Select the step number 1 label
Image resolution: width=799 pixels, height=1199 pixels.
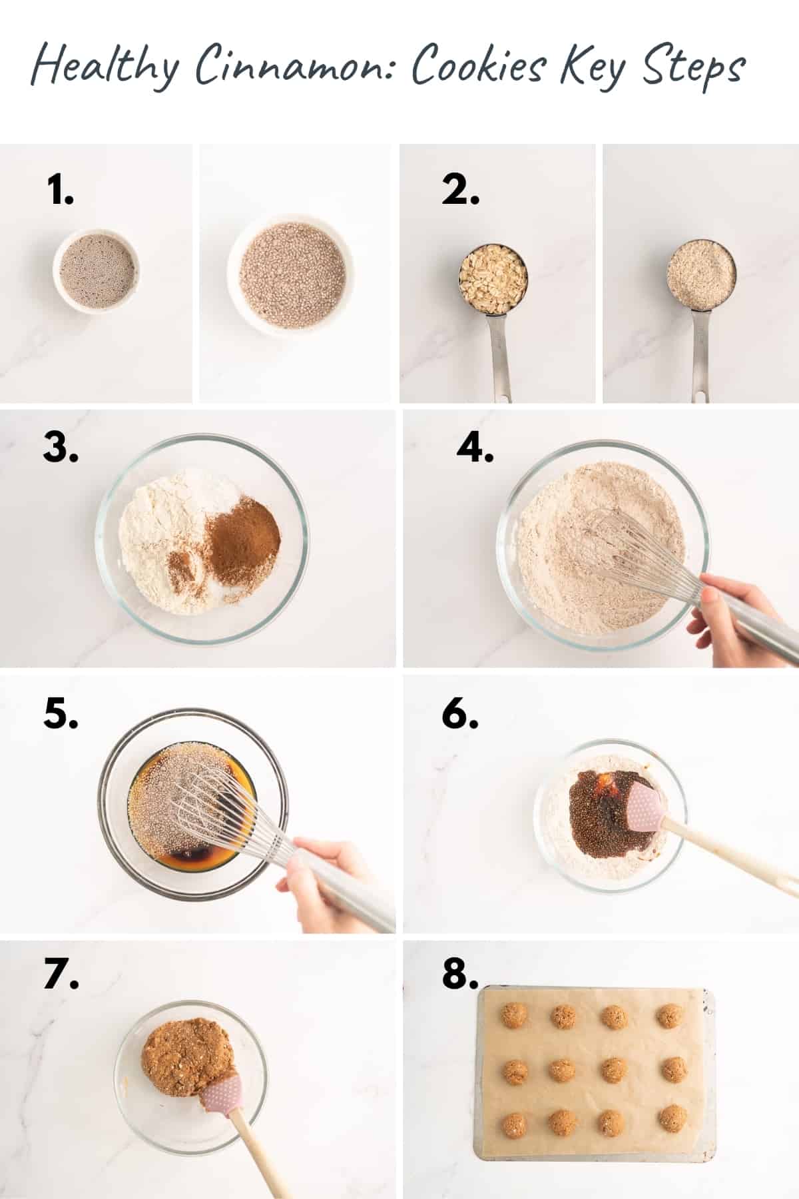(x=60, y=191)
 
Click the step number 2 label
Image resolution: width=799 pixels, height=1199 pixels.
(x=460, y=191)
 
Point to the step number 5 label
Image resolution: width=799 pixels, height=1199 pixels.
(x=61, y=715)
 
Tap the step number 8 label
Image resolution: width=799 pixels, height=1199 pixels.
(x=460, y=975)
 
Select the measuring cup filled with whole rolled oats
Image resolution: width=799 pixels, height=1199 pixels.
(x=493, y=280)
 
